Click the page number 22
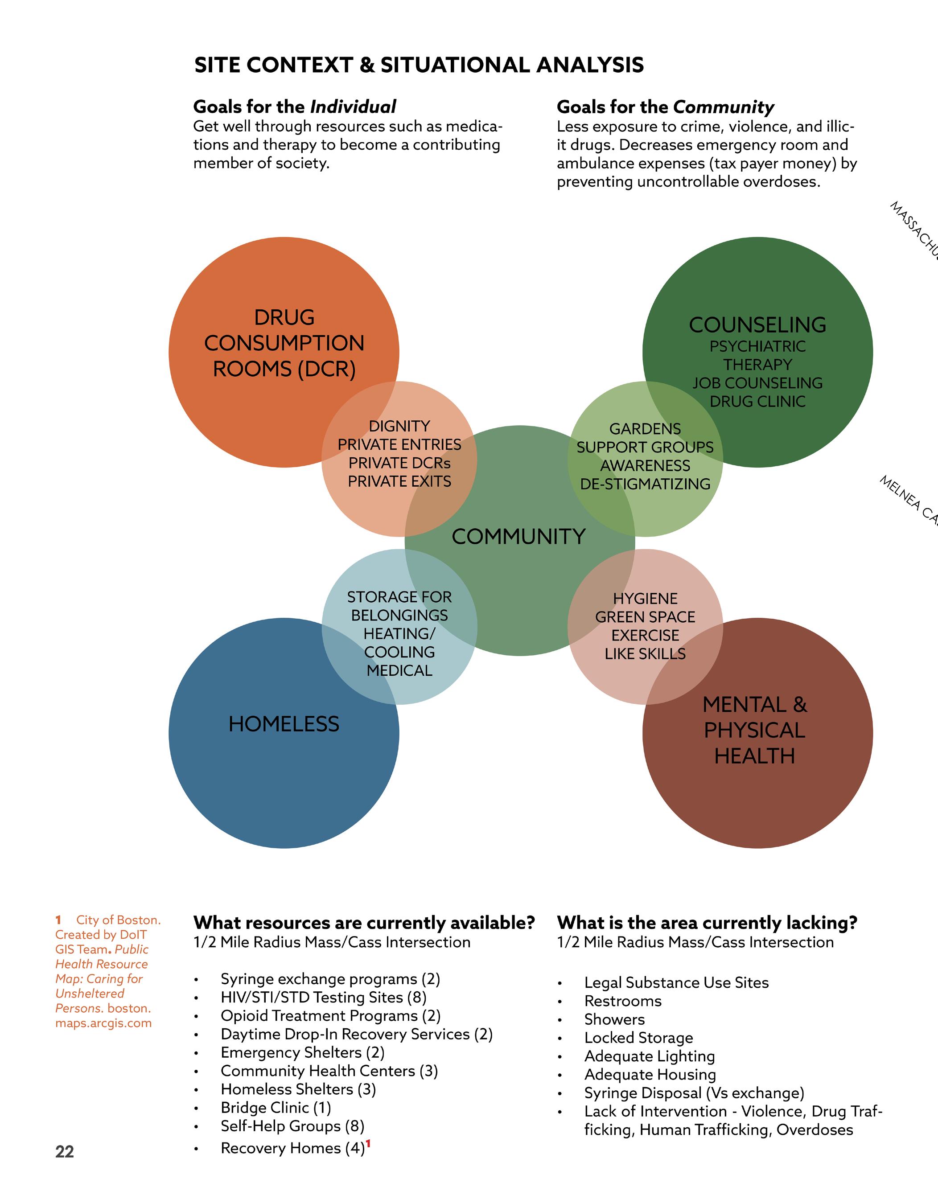tap(64, 1151)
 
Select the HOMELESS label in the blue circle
tap(284, 724)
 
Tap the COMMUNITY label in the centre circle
tap(518, 536)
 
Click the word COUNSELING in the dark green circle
tap(757, 325)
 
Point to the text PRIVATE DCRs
tap(399, 463)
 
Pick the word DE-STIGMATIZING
tap(645, 484)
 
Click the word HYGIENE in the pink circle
tap(645, 598)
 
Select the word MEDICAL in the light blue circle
tap(399, 670)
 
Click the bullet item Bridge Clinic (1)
tap(276, 1108)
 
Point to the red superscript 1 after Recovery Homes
tap(368, 1143)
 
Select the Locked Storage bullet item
tap(638, 1038)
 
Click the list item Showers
tap(614, 1019)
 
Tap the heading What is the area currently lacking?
tap(707, 923)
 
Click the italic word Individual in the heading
tap(353, 107)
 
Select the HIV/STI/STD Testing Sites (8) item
tap(324, 998)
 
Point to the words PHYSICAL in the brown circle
tap(755, 731)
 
